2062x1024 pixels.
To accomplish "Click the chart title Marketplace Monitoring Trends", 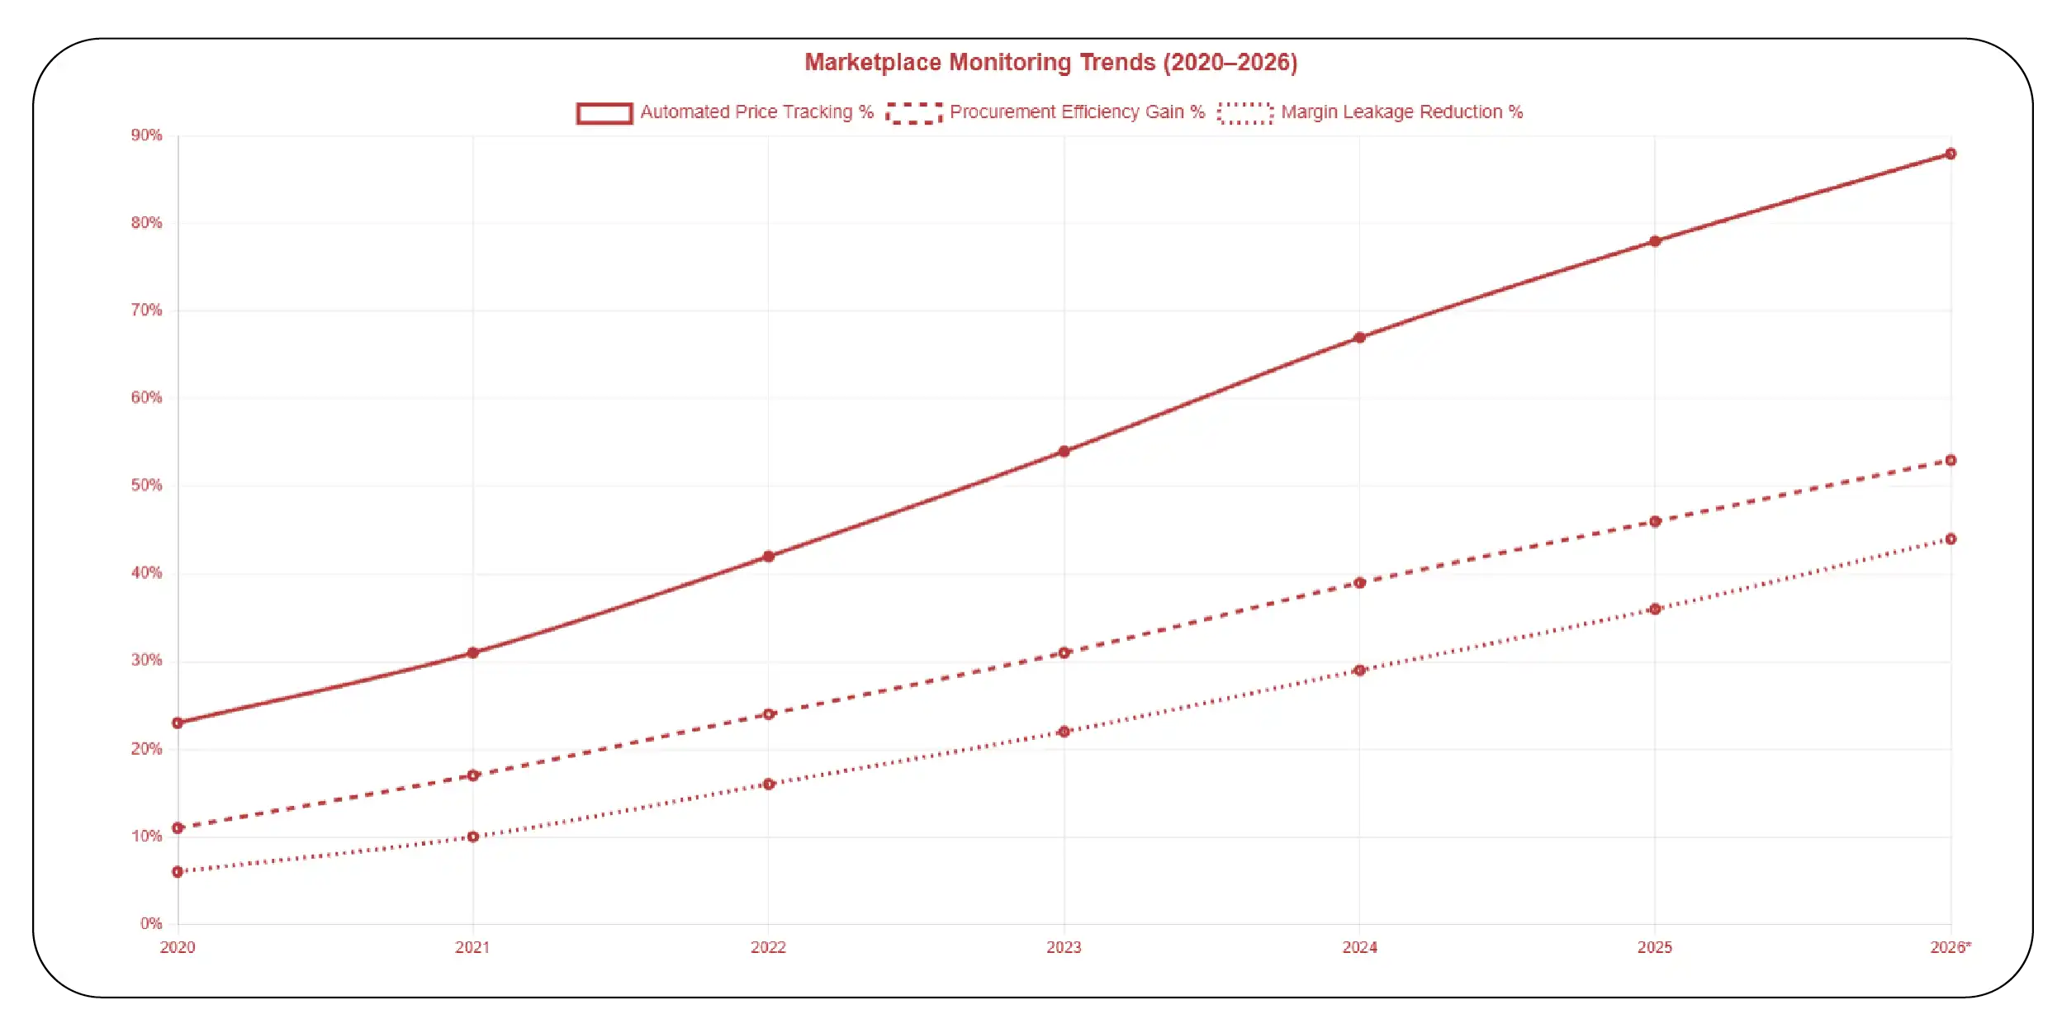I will (x=1050, y=63).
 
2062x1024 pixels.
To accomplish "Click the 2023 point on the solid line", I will (x=1064, y=452).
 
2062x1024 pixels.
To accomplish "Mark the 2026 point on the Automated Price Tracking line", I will (x=1951, y=154).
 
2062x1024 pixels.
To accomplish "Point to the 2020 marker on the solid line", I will (x=178, y=723).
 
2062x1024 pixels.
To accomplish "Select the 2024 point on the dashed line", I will (x=1359, y=583).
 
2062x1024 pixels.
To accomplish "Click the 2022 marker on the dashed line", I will (x=769, y=714).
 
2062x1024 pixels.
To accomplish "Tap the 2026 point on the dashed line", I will (x=1951, y=461).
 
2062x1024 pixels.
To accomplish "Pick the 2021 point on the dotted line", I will (x=473, y=837).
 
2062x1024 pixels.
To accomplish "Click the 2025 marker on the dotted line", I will (x=1655, y=609).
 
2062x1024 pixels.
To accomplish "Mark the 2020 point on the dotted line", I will (x=178, y=872).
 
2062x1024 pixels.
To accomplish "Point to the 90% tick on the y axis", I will (x=146, y=135).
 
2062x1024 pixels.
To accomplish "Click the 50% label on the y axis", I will (x=146, y=486).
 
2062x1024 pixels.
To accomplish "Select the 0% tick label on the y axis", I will (x=150, y=923).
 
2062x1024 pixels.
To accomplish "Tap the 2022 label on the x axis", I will (x=768, y=948).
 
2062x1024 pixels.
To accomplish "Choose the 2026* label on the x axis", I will (x=1951, y=948).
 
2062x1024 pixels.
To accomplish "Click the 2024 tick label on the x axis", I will (x=1359, y=948).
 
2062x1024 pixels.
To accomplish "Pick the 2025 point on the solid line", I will (x=1655, y=242).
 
